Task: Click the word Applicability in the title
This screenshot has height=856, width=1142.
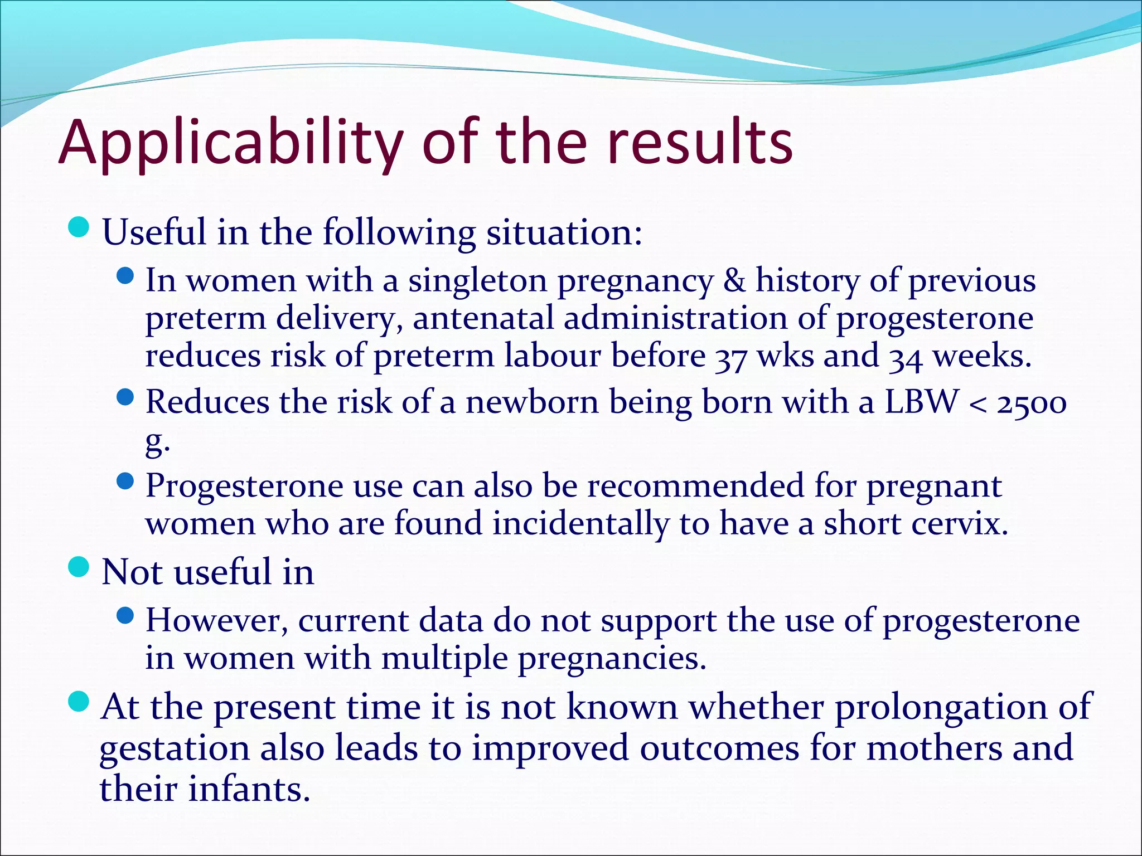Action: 230,144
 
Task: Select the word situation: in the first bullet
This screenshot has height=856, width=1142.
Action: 564,232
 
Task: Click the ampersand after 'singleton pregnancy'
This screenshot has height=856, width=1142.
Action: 734,280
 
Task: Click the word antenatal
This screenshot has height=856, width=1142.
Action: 483,318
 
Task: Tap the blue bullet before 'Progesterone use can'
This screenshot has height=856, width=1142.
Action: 126,480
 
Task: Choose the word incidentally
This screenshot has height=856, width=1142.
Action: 581,523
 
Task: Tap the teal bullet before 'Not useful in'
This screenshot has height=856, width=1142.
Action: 79,567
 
